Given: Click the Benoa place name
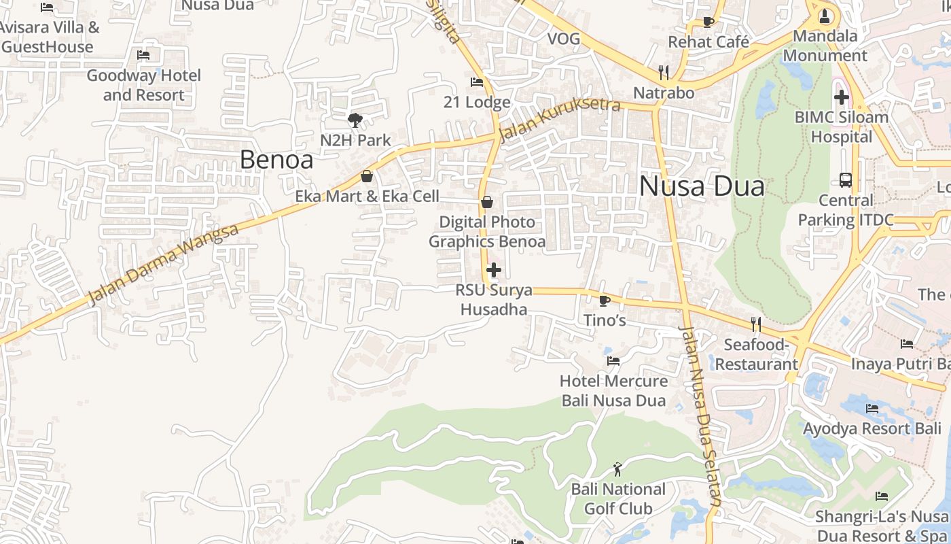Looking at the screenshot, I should point(276,160).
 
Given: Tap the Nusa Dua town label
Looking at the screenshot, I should point(702,186).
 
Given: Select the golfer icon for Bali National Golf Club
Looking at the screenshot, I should point(617,469).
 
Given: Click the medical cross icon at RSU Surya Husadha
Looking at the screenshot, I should point(494,270).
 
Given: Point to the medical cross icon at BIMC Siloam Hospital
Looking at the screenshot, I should point(842,97).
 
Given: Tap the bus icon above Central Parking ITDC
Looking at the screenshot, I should point(846,180).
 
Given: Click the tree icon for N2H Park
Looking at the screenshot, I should point(355,120).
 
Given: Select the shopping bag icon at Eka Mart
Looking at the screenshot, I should point(367,176).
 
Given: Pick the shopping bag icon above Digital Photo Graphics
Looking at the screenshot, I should point(486,202).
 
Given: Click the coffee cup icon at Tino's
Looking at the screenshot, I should point(605,300).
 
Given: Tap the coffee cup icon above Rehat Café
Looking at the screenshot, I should point(708,22).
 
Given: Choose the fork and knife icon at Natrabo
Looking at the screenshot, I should point(664,72).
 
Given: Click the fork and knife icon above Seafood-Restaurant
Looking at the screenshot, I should point(755,324).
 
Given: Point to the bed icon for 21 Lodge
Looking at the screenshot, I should point(477,82).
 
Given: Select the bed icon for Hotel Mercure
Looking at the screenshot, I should point(613,360).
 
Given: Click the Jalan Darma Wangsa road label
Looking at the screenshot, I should point(164,265).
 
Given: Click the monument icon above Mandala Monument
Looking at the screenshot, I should point(825,15).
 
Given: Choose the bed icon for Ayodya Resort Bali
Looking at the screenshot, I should point(872,409).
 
